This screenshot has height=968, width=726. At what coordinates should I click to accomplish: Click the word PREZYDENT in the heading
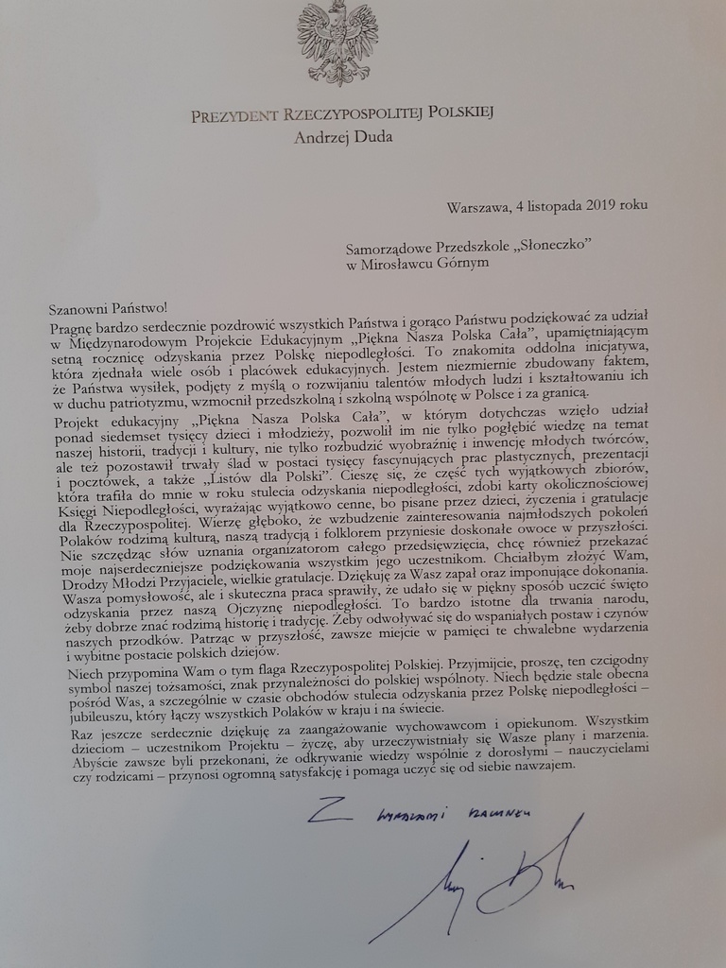click(x=234, y=116)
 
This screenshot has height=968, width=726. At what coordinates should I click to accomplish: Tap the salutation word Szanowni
click(x=80, y=307)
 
